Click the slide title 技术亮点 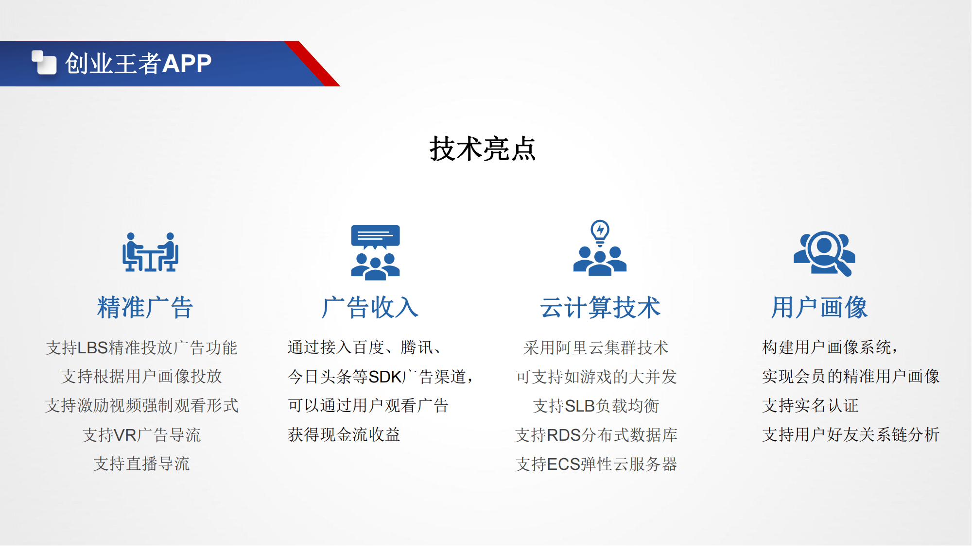pos(482,149)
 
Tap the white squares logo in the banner pos(44,63)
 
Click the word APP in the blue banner pos(187,63)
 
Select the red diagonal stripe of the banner pos(312,64)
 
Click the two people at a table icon pos(150,252)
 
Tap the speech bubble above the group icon pos(376,237)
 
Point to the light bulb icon pos(600,232)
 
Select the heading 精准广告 pos(145,307)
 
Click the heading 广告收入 pos(370,307)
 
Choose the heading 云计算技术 pos(600,307)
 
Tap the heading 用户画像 pos(819,307)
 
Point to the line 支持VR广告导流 pos(141,435)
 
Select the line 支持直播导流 pos(141,464)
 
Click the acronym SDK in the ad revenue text pos(385,377)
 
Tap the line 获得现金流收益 pos(344,435)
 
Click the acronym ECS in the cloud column pos(564,464)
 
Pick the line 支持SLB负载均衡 pos(596,406)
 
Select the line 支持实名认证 pos(810,406)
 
